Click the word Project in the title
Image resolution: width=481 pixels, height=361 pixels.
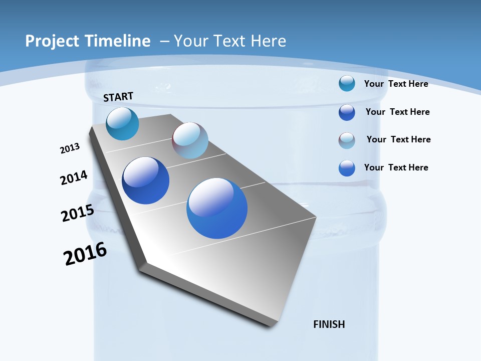(48, 41)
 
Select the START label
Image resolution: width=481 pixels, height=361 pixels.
(118, 97)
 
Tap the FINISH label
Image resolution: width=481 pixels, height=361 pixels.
(329, 324)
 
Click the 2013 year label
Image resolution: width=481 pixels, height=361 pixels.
(70, 148)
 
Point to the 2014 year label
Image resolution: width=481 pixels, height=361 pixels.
(74, 177)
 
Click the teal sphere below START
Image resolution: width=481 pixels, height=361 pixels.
(123, 124)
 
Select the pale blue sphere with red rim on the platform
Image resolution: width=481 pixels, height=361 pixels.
(190, 140)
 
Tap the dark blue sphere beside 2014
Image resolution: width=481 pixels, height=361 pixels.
(146, 180)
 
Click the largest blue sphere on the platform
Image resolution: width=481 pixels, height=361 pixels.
(217, 208)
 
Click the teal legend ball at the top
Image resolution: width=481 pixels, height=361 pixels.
(347, 83)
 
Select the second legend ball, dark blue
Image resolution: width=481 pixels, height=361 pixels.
(347, 112)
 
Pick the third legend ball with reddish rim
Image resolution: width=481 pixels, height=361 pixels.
(347, 140)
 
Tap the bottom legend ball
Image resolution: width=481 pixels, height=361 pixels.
(347, 168)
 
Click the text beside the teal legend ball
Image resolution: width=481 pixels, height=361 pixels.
(396, 84)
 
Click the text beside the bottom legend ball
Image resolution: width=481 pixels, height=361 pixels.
(396, 167)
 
